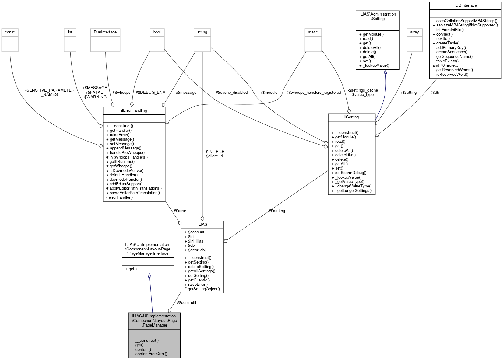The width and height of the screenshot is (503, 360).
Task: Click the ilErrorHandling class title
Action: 134,110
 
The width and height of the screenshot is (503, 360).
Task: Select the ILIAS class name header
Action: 202,224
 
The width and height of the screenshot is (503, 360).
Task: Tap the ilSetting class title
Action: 351,117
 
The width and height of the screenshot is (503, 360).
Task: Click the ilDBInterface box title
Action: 465,5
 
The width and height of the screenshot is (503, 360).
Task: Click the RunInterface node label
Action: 105,32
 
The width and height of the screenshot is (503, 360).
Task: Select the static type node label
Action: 313,32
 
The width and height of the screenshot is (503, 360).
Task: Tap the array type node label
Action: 414,32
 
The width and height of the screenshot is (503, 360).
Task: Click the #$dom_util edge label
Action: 186,303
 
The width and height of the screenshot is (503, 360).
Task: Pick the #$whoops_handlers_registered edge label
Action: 314,93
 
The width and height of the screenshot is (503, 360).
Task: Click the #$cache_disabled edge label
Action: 231,93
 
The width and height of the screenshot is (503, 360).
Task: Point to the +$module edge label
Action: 269,93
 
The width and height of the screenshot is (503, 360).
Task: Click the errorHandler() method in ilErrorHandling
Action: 121,197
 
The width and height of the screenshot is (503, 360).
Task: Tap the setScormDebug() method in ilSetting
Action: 350,173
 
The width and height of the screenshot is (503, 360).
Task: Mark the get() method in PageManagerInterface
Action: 132,269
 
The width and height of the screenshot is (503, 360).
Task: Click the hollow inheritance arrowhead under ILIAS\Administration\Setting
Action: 385,72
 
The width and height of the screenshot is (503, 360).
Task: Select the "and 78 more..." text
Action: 445,65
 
